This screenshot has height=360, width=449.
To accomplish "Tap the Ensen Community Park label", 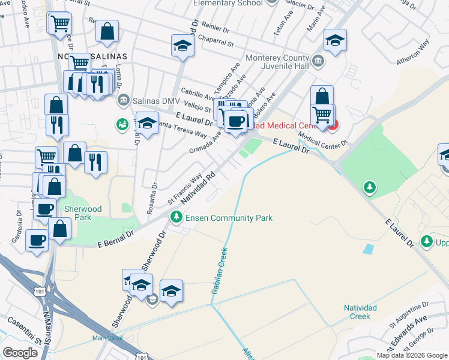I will coord(229,218).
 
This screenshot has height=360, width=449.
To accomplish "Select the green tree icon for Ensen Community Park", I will coord(176,217).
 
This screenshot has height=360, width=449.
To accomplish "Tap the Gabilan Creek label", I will coord(219,270).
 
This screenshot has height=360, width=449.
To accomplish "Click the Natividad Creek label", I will coord(360,311).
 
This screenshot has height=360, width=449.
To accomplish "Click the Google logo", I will coord(20,353).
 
